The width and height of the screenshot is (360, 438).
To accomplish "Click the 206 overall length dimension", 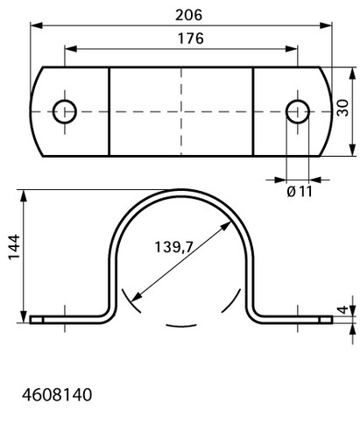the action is pyautogui.click(x=188, y=15).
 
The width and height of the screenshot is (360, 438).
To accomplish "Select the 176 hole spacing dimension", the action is pyautogui.click(x=191, y=39).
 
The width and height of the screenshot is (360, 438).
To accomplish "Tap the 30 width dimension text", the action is pyautogui.click(x=342, y=108).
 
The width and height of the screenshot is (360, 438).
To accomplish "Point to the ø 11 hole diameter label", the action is pyautogui.click(x=300, y=192).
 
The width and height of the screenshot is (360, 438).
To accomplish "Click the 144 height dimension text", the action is pyautogui.click(x=14, y=247).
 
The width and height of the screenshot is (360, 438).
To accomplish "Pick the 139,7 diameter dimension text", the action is pyautogui.click(x=173, y=247).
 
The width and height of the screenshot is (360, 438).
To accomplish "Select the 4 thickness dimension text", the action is pyautogui.click(x=343, y=309).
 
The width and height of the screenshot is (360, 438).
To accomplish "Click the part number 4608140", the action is pyautogui.click(x=57, y=395).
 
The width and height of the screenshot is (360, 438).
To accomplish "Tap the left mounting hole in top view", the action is pyautogui.click(x=65, y=111).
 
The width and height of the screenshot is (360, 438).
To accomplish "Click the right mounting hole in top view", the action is pyautogui.click(x=298, y=111).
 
